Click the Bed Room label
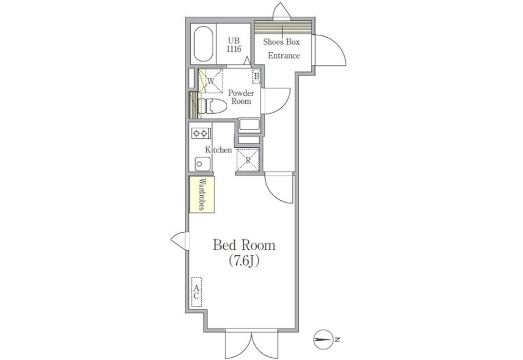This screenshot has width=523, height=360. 244,246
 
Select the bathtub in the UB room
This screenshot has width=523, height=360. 203,44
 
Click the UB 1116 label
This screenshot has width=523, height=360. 234,45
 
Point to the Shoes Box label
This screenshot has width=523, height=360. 281,42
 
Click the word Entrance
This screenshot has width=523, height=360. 284,56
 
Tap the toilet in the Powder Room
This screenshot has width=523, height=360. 212,106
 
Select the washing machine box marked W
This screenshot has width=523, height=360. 210,81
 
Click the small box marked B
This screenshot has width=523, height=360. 256,77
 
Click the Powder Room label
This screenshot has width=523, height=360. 241,97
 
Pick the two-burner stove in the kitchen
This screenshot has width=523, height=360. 200,134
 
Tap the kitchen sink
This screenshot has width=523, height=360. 202,164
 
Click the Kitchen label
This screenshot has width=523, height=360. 218,150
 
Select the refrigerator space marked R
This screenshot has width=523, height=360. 248,160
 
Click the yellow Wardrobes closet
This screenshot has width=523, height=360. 202,195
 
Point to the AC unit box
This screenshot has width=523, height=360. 197,292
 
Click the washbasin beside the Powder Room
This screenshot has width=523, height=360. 249,125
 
